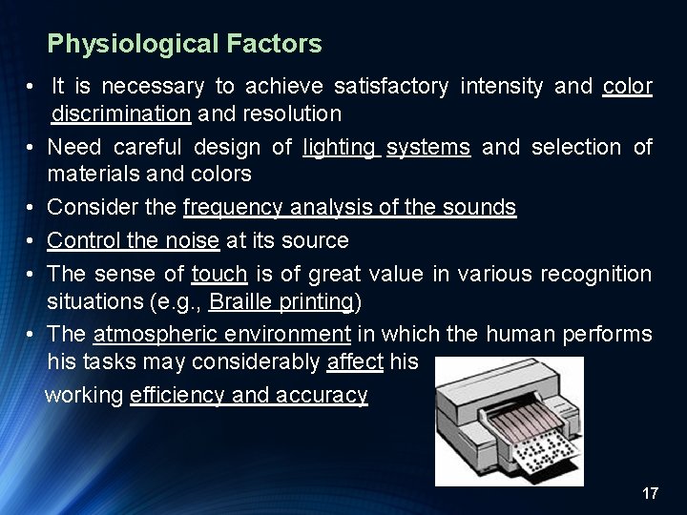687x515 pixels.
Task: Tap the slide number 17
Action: click(651, 493)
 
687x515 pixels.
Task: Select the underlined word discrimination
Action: click(122, 114)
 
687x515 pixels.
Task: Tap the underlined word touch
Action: click(219, 274)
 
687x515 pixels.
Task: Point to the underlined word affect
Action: click(355, 363)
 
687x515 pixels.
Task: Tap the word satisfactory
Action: click(391, 87)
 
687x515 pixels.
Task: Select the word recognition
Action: click(595, 274)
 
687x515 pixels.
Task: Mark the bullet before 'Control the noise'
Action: click(31, 240)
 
